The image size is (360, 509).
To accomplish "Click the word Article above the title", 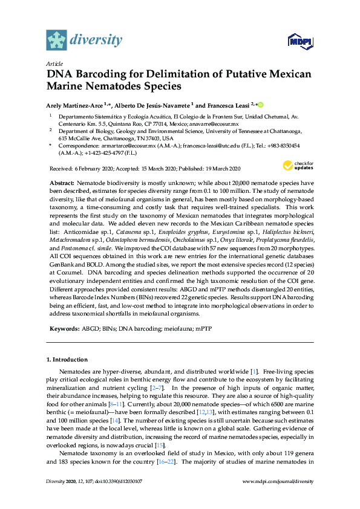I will point(54,63).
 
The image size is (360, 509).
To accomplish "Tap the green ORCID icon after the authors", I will point(261,104).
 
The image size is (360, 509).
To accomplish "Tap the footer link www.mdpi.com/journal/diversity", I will point(278,498).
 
